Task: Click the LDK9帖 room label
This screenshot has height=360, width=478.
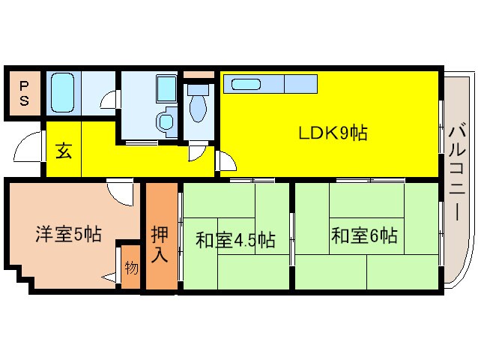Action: [333, 134]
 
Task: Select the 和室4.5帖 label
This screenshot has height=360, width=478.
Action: [235, 241]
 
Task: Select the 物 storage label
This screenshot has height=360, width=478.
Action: [131, 266]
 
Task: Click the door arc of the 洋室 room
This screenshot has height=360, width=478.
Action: [120, 193]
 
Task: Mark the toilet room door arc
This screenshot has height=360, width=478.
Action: [197, 152]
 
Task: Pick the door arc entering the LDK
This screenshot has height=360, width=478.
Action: [226, 160]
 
